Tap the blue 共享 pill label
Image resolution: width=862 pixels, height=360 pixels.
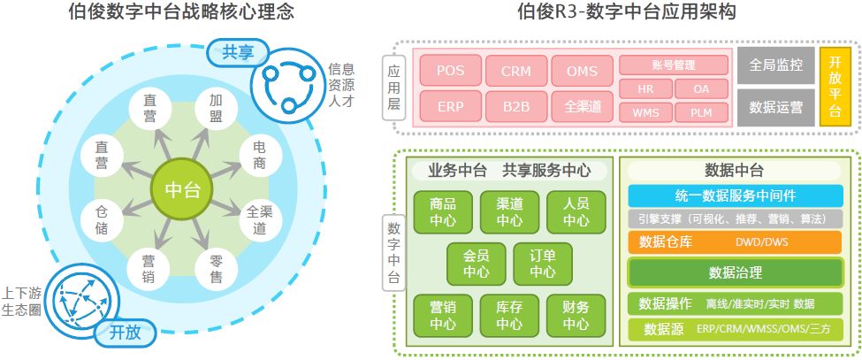pos(237,53)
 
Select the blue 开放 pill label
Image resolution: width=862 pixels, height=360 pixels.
pos(125,333)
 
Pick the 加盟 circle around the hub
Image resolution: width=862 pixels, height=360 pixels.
pos(216,109)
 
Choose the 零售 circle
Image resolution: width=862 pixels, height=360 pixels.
pos(216,269)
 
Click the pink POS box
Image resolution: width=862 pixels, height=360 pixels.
pos(450,71)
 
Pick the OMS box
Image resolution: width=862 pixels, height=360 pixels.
pos(582,71)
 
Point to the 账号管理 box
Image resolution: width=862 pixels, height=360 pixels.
pos(674,65)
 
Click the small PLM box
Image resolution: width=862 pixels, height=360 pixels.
pos(702,112)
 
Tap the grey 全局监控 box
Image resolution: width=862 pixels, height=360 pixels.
pos(775,65)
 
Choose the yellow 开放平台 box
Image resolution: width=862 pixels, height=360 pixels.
pos(835,87)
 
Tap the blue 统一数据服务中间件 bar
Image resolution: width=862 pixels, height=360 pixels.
pos(735,195)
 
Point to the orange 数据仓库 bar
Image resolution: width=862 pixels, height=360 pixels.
pos(735,241)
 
